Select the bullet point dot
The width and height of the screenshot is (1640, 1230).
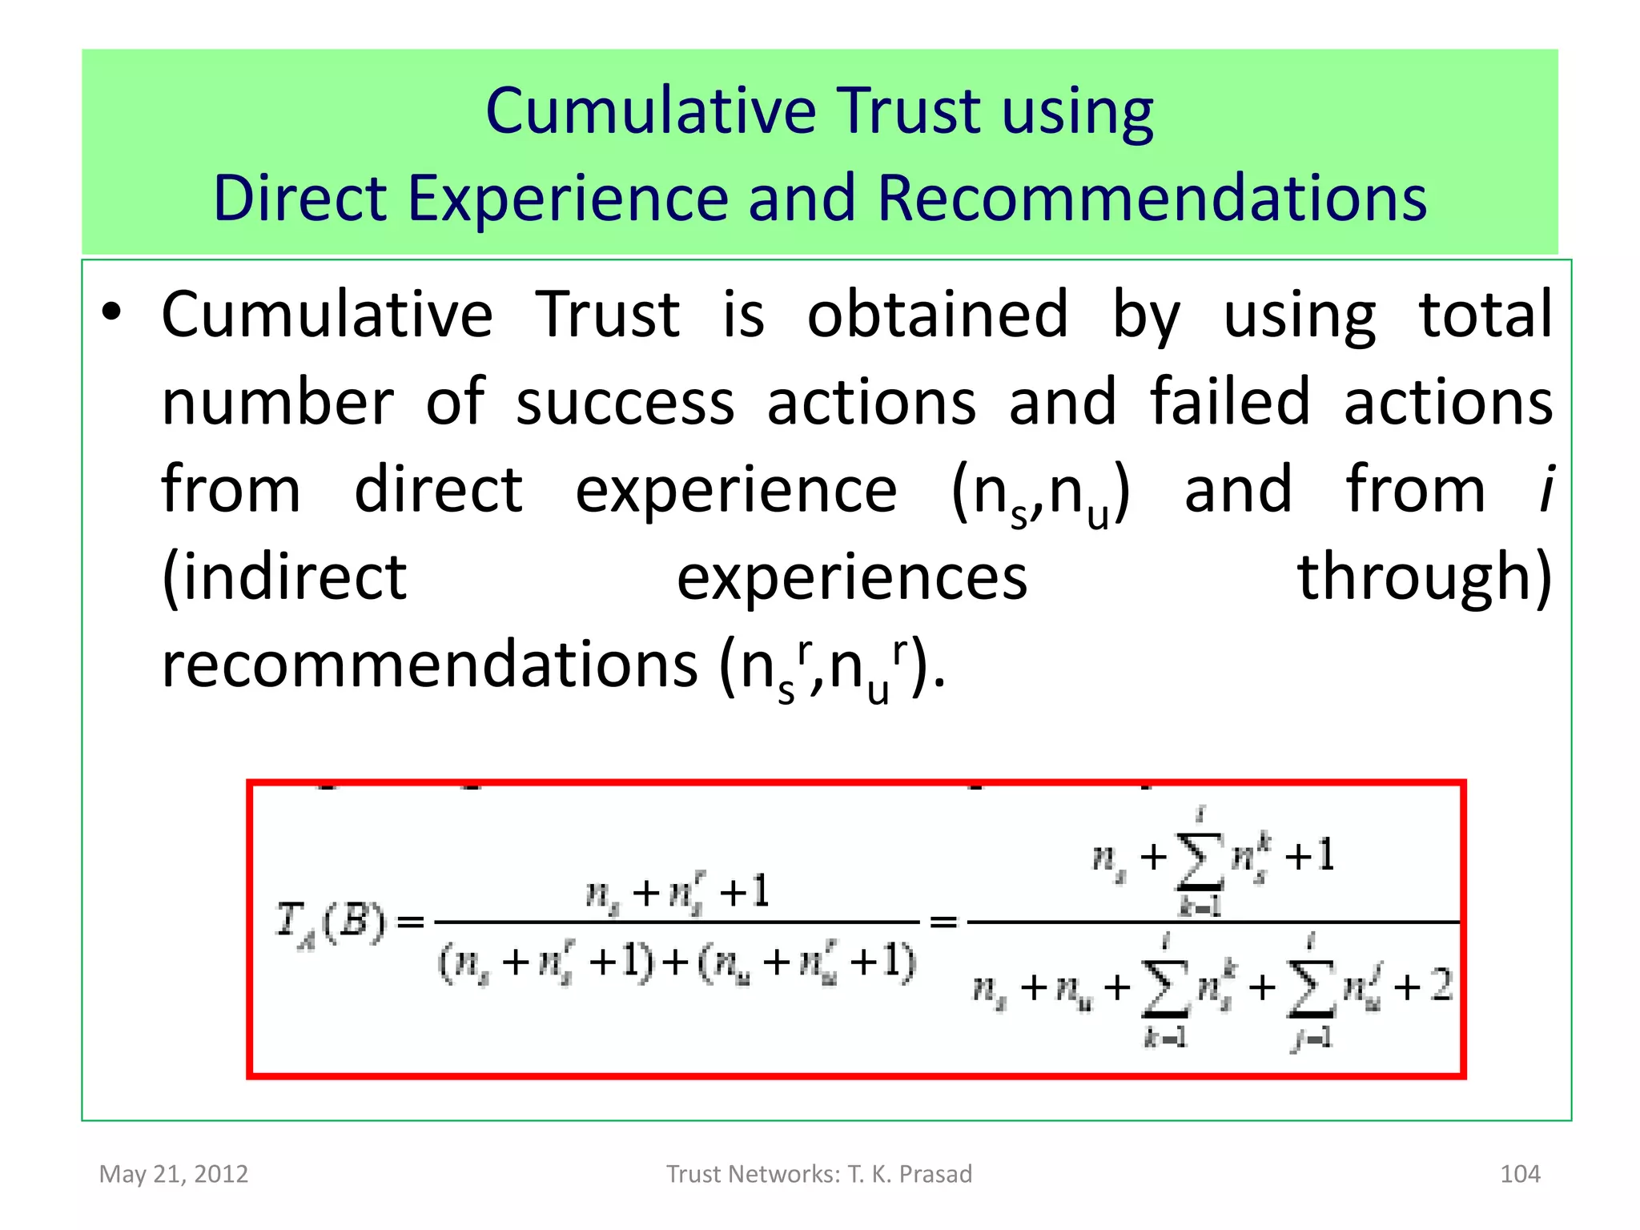(x=111, y=313)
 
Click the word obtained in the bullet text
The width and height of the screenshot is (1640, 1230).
(x=937, y=315)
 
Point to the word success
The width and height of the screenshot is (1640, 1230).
(x=625, y=402)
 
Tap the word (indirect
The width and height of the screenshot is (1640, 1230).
(x=284, y=577)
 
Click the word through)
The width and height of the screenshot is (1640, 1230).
(x=1425, y=577)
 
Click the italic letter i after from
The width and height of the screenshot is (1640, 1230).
(x=1546, y=488)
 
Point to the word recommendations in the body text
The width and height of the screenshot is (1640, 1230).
(x=430, y=665)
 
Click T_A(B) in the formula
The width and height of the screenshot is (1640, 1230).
(x=330, y=922)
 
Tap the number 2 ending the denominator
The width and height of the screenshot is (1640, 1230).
(x=1441, y=985)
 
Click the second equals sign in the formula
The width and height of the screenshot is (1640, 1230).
(x=943, y=922)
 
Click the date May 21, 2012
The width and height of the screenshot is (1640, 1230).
(x=174, y=1174)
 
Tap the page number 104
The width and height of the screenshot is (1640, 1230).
(x=1519, y=1174)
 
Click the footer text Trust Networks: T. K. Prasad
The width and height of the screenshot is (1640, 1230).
(x=819, y=1174)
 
